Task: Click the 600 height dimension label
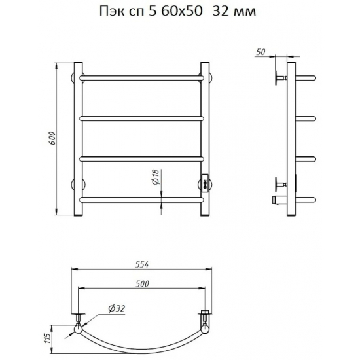pyautogui.click(x=52, y=138)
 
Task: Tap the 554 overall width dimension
pyautogui.click(x=142, y=264)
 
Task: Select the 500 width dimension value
pyautogui.click(x=142, y=284)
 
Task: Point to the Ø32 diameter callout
pyautogui.click(x=117, y=308)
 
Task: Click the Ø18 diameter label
pyautogui.click(x=155, y=177)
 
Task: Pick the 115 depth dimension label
pyautogui.click(x=48, y=338)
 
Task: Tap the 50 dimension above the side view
pyautogui.click(x=260, y=52)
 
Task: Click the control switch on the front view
pyautogui.click(x=205, y=183)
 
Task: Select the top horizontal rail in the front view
pyautogui.click(x=141, y=78)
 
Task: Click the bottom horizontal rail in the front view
pyautogui.click(x=141, y=200)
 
